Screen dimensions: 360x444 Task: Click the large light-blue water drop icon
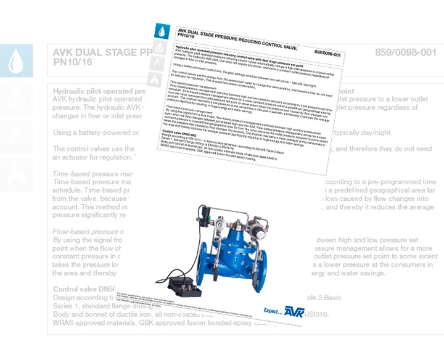[x=16, y=60]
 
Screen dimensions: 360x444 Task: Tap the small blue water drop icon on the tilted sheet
[x=161, y=30]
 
